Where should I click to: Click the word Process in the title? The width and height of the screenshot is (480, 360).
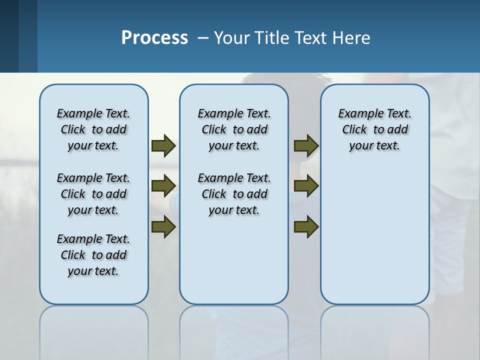click(x=154, y=37)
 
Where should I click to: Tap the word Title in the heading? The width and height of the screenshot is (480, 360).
click(x=272, y=37)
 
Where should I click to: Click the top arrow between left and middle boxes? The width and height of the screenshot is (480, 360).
click(x=163, y=145)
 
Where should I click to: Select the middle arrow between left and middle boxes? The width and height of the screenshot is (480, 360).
click(x=163, y=186)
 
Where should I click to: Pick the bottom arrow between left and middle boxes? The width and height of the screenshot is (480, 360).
click(x=163, y=227)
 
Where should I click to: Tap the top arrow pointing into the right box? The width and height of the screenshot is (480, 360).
click(x=306, y=145)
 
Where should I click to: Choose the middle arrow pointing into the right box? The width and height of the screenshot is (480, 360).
click(x=306, y=186)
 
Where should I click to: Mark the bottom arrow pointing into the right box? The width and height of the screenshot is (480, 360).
click(x=306, y=227)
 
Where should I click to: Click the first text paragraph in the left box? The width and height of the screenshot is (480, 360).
click(x=93, y=129)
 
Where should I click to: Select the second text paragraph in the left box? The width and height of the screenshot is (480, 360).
click(x=93, y=194)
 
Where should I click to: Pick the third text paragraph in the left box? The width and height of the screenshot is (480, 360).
click(x=93, y=255)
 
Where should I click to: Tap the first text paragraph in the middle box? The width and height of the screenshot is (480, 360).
click(x=234, y=129)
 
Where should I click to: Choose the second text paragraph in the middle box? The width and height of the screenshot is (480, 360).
click(x=234, y=194)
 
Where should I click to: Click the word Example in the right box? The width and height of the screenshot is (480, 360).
click(x=356, y=113)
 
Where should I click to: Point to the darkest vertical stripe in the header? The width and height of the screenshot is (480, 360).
click(x=9, y=36)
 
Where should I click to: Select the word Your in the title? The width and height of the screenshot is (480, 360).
click(x=232, y=37)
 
